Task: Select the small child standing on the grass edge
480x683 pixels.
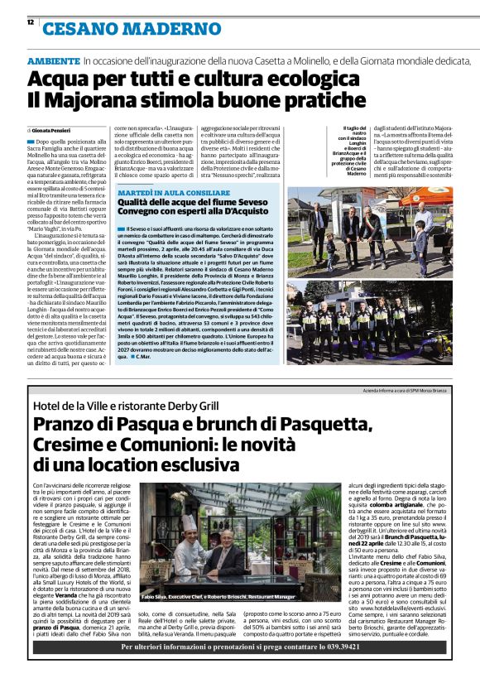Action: [332, 245]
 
